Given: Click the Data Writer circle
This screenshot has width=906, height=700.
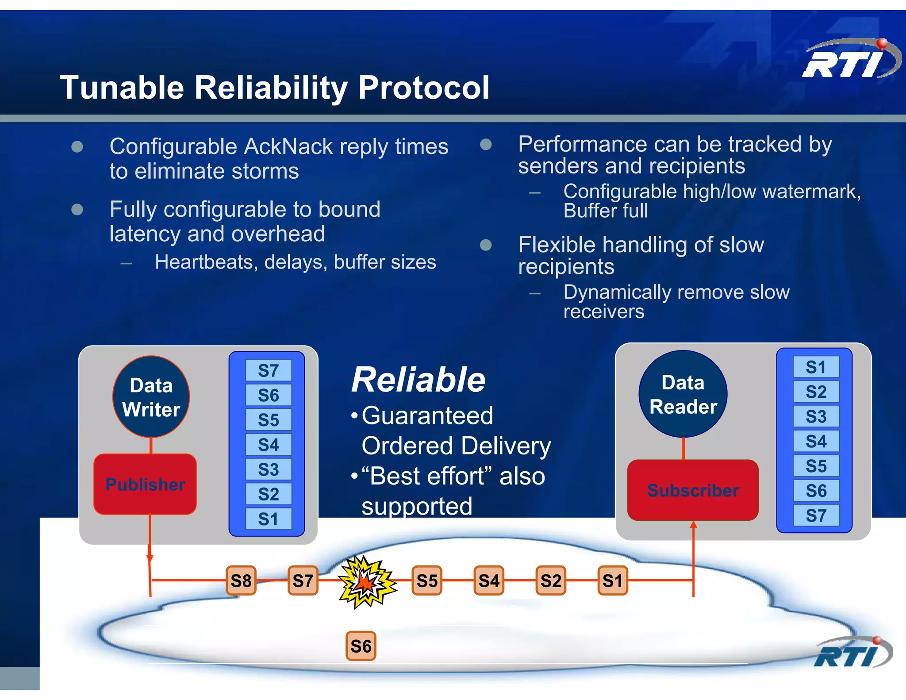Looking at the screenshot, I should [x=151, y=397].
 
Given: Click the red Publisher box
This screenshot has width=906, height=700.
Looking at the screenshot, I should [x=145, y=484].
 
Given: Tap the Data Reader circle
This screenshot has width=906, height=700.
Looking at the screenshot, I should [x=683, y=394].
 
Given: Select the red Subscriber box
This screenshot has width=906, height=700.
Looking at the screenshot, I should [x=693, y=490].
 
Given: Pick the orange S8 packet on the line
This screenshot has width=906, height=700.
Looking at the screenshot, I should [x=241, y=581].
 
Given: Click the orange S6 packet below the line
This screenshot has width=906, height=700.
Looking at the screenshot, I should [x=361, y=646].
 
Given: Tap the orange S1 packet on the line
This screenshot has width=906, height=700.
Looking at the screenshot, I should [x=613, y=581].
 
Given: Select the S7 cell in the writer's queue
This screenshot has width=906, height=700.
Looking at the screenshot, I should [x=269, y=370].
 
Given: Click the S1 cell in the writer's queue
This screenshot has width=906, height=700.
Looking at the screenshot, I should [x=269, y=519].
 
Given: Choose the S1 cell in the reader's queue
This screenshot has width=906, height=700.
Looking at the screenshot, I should [x=816, y=367].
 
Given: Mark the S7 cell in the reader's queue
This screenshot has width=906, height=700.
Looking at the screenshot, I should [x=816, y=515].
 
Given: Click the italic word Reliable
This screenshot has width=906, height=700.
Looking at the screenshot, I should [x=418, y=380].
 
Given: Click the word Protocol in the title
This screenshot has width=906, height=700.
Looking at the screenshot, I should [x=424, y=87].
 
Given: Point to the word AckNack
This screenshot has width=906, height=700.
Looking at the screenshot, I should [x=288, y=146].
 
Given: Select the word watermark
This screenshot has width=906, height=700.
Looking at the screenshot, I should [x=811, y=192].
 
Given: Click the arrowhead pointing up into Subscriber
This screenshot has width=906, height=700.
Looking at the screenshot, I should [x=693, y=525].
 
